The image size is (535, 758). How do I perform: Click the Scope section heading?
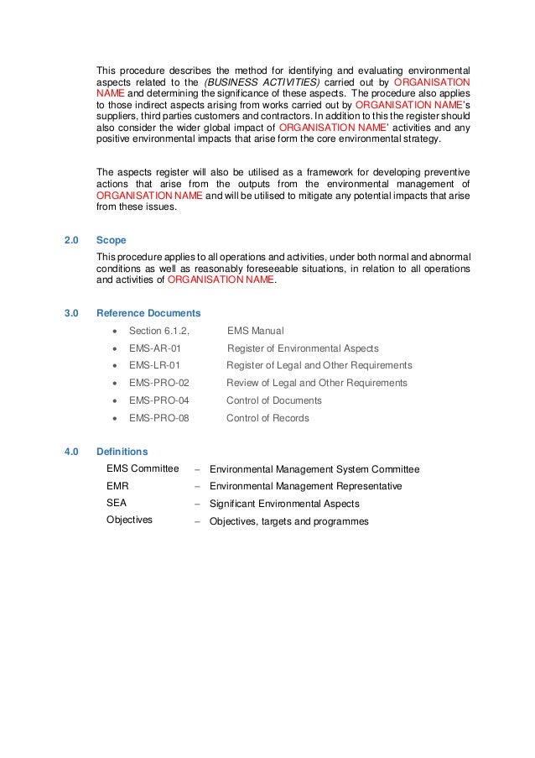click(x=112, y=240)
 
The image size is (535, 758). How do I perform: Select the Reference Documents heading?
click(x=148, y=313)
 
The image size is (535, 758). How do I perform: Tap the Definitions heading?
click(x=122, y=451)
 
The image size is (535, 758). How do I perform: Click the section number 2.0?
click(x=71, y=240)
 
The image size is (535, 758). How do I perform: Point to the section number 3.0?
click(x=71, y=313)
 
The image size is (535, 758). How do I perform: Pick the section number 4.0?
click(x=71, y=451)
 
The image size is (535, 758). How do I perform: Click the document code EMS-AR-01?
click(x=154, y=348)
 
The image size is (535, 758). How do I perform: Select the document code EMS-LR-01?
click(x=154, y=366)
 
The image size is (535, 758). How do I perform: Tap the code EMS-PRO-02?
click(x=159, y=383)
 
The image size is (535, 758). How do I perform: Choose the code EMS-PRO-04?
click(x=159, y=400)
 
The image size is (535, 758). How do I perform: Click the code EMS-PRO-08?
click(x=159, y=418)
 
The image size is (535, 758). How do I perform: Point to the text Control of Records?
click(x=267, y=418)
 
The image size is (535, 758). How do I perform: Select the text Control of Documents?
click(x=274, y=400)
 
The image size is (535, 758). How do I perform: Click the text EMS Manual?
click(x=256, y=331)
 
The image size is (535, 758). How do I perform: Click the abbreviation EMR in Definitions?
click(x=117, y=486)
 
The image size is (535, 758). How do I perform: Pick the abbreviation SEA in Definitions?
click(x=116, y=504)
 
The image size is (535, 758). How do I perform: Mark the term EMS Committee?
click(x=143, y=468)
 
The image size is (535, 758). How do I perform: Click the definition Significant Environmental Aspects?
click(x=284, y=504)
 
